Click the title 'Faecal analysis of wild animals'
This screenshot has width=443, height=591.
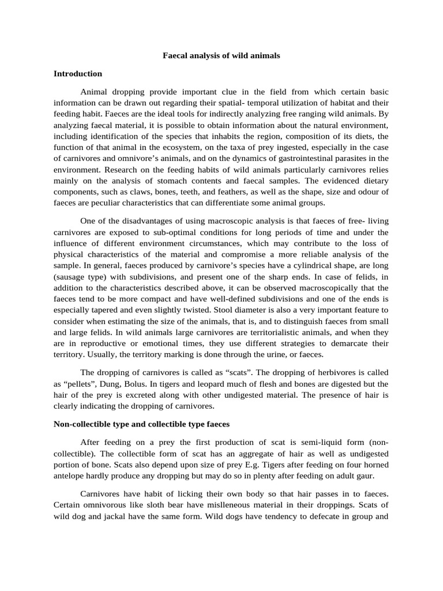click(221, 56)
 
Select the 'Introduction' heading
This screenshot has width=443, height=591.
click(77, 74)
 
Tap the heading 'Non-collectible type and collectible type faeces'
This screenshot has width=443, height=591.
click(141, 424)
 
